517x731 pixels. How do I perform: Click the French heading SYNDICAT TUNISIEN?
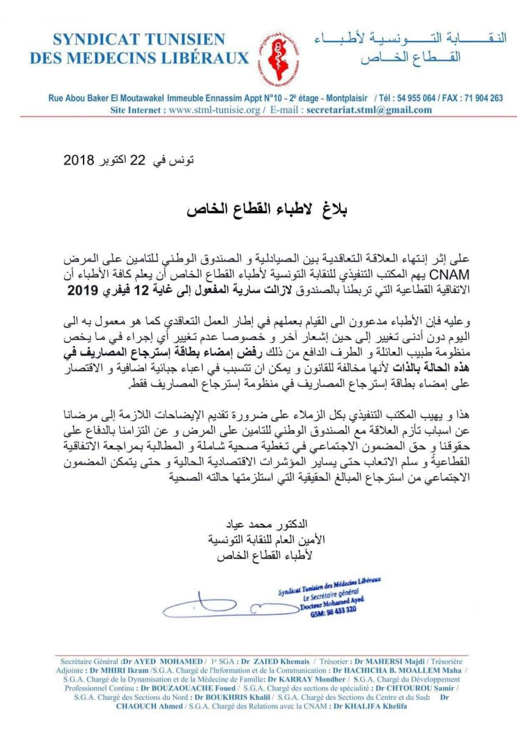tap(139, 40)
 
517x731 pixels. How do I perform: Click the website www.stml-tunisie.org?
tap(215, 110)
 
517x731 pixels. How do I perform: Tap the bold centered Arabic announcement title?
tap(258, 208)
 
